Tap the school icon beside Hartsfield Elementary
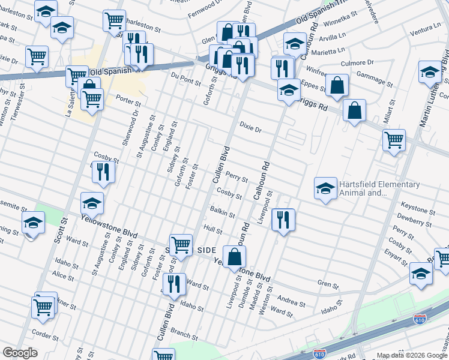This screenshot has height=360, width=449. pos(325,188)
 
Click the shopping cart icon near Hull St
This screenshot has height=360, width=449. pos(181,245)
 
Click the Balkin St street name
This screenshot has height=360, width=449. pos(221,212)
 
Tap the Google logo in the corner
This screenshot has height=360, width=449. pos(20,353)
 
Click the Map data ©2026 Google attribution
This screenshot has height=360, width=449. pos(412,355)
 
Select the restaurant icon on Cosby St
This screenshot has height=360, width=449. pos(103,173)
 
